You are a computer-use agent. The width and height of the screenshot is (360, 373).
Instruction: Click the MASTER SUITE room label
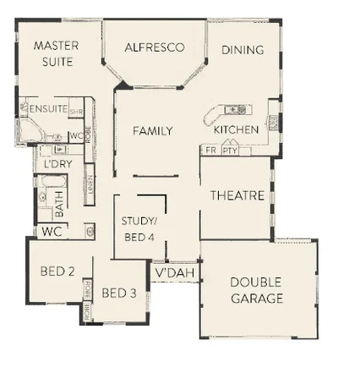(x=56, y=53)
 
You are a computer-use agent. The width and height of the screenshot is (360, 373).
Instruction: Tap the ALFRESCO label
(x=154, y=48)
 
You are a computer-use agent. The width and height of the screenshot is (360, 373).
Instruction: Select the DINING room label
(x=243, y=50)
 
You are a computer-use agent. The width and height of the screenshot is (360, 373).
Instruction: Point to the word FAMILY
(x=152, y=131)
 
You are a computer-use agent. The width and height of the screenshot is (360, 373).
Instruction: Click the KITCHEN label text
(x=236, y=130)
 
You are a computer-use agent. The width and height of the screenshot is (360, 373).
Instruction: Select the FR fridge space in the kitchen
(x=209, y=150)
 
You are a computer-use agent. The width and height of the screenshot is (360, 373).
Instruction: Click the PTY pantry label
(x=229, y=150)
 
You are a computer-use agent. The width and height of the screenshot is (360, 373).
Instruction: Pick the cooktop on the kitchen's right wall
(x=273, y=123)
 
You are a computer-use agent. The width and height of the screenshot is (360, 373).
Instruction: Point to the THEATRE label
(x=237, y=195)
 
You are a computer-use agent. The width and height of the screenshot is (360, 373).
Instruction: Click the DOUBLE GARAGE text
(x=256, y=290)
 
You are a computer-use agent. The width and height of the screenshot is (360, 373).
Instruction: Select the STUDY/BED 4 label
(x=139, y=229)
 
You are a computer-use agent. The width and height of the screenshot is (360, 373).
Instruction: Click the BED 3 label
(x=119, y=293)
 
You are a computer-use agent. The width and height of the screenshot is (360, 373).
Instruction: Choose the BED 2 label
(x=58, y=272)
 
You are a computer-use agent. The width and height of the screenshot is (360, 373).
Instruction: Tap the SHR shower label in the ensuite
(x=76, y=111)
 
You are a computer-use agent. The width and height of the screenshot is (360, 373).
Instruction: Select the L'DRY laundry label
(x=57, y=164)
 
